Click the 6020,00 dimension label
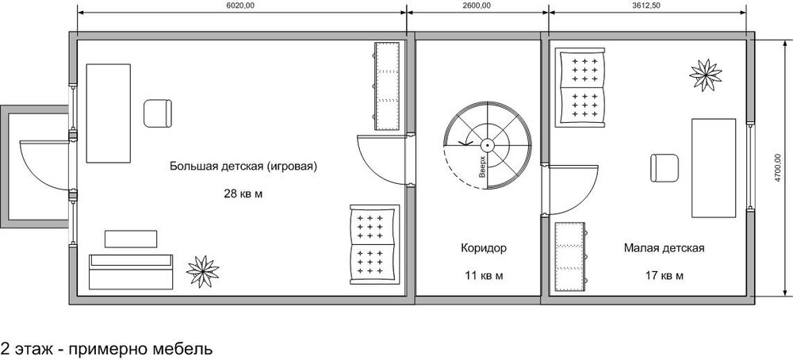coord(242,6)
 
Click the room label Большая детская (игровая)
coord(243,167)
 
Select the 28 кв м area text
coord(243,193)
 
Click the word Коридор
coord(484,248)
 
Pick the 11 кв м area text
coord(484,276)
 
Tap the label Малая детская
coord(664,248)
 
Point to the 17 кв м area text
coord(664,276)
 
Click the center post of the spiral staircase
coord(487,145)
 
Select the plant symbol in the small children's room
coord(706,75)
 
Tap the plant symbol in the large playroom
coord(202,271)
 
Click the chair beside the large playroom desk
coord(158,113)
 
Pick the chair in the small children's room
coord(665,168)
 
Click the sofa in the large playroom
coord(131,272)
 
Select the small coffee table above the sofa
coord(131,239)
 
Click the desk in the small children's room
coord(714,168)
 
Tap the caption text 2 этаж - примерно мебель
coord(107,350)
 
